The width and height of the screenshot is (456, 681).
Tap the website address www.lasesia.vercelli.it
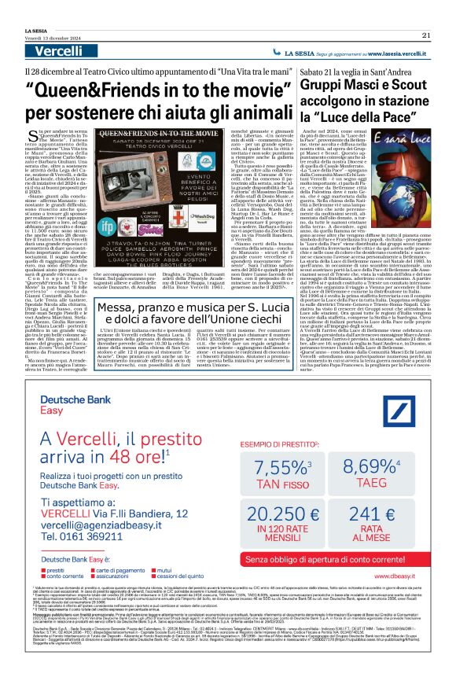tap(392, 53)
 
